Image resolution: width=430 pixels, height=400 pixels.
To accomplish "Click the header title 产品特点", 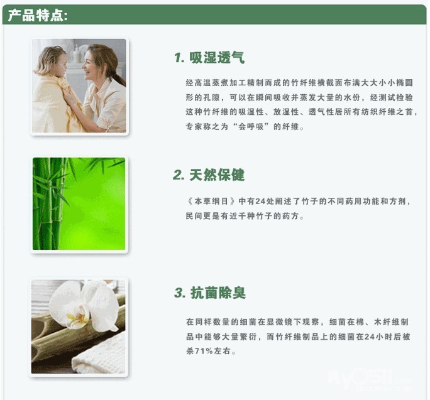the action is (38, 15).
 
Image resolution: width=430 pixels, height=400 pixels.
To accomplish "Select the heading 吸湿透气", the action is (217, 58).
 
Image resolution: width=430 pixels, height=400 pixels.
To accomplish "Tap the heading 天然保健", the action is (217, 175).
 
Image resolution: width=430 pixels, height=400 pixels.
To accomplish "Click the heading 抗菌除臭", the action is (218, 293).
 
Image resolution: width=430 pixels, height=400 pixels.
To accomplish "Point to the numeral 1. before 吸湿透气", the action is (179, 58).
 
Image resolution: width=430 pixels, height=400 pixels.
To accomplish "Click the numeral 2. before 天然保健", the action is (179, 175).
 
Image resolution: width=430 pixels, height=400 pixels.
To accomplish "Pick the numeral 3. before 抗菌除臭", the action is (180, 293).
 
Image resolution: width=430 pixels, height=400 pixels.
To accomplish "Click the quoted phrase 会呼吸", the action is (251, 127).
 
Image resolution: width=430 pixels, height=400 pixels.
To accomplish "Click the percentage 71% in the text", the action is (204, 351).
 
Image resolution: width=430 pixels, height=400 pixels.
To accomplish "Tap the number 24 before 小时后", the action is (370, 337).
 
